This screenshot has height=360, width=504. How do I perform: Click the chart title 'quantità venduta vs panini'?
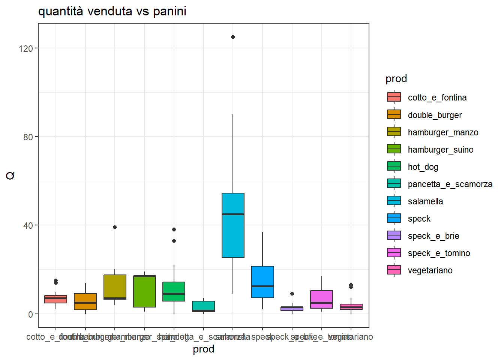pos(112,11)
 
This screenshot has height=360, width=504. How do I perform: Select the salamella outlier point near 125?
pos(233,37)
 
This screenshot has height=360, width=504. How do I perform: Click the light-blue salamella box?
pos(233,225)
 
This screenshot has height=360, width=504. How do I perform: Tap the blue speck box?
pos(262,282)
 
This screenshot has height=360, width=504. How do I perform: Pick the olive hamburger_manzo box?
pos(115,287)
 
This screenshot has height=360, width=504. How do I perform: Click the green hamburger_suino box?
pos(144,291)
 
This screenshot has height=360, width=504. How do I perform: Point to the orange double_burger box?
pos(85,301)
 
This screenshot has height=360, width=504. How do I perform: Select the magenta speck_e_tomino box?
pos(321,299)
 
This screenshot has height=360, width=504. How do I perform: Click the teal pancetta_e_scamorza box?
pos(203,306)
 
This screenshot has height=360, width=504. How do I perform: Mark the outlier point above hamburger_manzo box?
pos(115,227)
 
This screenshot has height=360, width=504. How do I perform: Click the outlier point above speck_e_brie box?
pos(292,294)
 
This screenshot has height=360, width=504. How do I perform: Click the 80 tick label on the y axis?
pos(28,137)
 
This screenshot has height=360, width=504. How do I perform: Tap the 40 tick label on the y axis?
pos(28,225)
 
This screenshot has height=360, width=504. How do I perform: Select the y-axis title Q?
pos(10,175)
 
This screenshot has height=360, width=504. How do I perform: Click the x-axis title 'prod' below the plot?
pos(203,349)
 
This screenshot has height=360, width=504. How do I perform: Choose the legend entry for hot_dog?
pos(423,167)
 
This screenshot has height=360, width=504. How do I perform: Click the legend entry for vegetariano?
pos(430,270)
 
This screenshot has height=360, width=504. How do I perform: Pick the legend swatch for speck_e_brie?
pos(394,235)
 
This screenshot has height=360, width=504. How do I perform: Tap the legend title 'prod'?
pos(396,79)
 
